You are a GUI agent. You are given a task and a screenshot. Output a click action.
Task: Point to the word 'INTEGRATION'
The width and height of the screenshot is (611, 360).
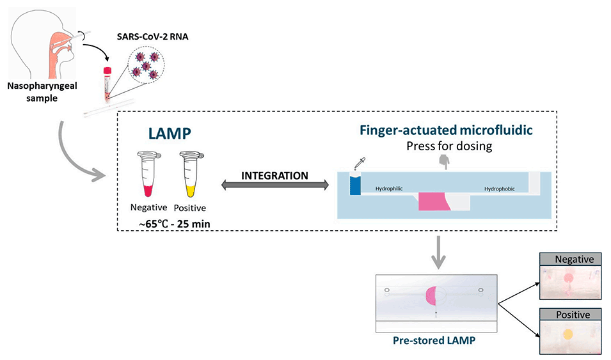(x=274, y=175)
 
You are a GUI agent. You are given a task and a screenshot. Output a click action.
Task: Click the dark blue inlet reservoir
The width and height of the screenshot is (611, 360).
(x=355, y=184)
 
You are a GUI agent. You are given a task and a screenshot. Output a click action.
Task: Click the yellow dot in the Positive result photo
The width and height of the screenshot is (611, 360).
(x=567, y=334)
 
